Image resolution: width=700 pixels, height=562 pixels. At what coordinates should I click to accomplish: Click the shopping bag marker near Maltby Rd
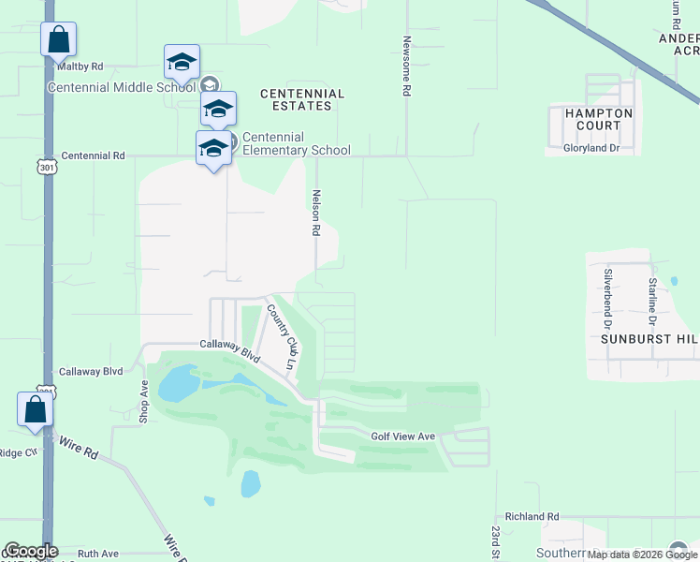58,40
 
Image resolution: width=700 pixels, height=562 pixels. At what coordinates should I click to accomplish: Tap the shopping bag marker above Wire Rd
35,410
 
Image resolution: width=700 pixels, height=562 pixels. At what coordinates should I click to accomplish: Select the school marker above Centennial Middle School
181,63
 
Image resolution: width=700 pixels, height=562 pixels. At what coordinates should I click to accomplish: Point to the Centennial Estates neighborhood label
302,99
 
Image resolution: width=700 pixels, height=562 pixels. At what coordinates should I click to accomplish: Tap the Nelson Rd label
316,213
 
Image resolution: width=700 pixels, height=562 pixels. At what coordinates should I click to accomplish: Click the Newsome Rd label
407,67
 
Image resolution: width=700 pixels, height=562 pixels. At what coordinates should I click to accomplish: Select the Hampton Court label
598,119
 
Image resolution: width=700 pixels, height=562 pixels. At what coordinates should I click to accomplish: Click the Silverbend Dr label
608,291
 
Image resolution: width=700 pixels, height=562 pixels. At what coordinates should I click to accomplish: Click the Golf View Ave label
403,436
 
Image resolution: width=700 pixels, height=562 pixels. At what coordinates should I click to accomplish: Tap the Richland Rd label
532,516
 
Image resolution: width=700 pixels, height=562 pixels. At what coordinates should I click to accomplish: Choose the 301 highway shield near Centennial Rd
47,166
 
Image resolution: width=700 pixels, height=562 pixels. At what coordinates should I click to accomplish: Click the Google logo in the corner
30,551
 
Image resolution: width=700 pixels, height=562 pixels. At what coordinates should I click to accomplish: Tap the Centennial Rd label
93,155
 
